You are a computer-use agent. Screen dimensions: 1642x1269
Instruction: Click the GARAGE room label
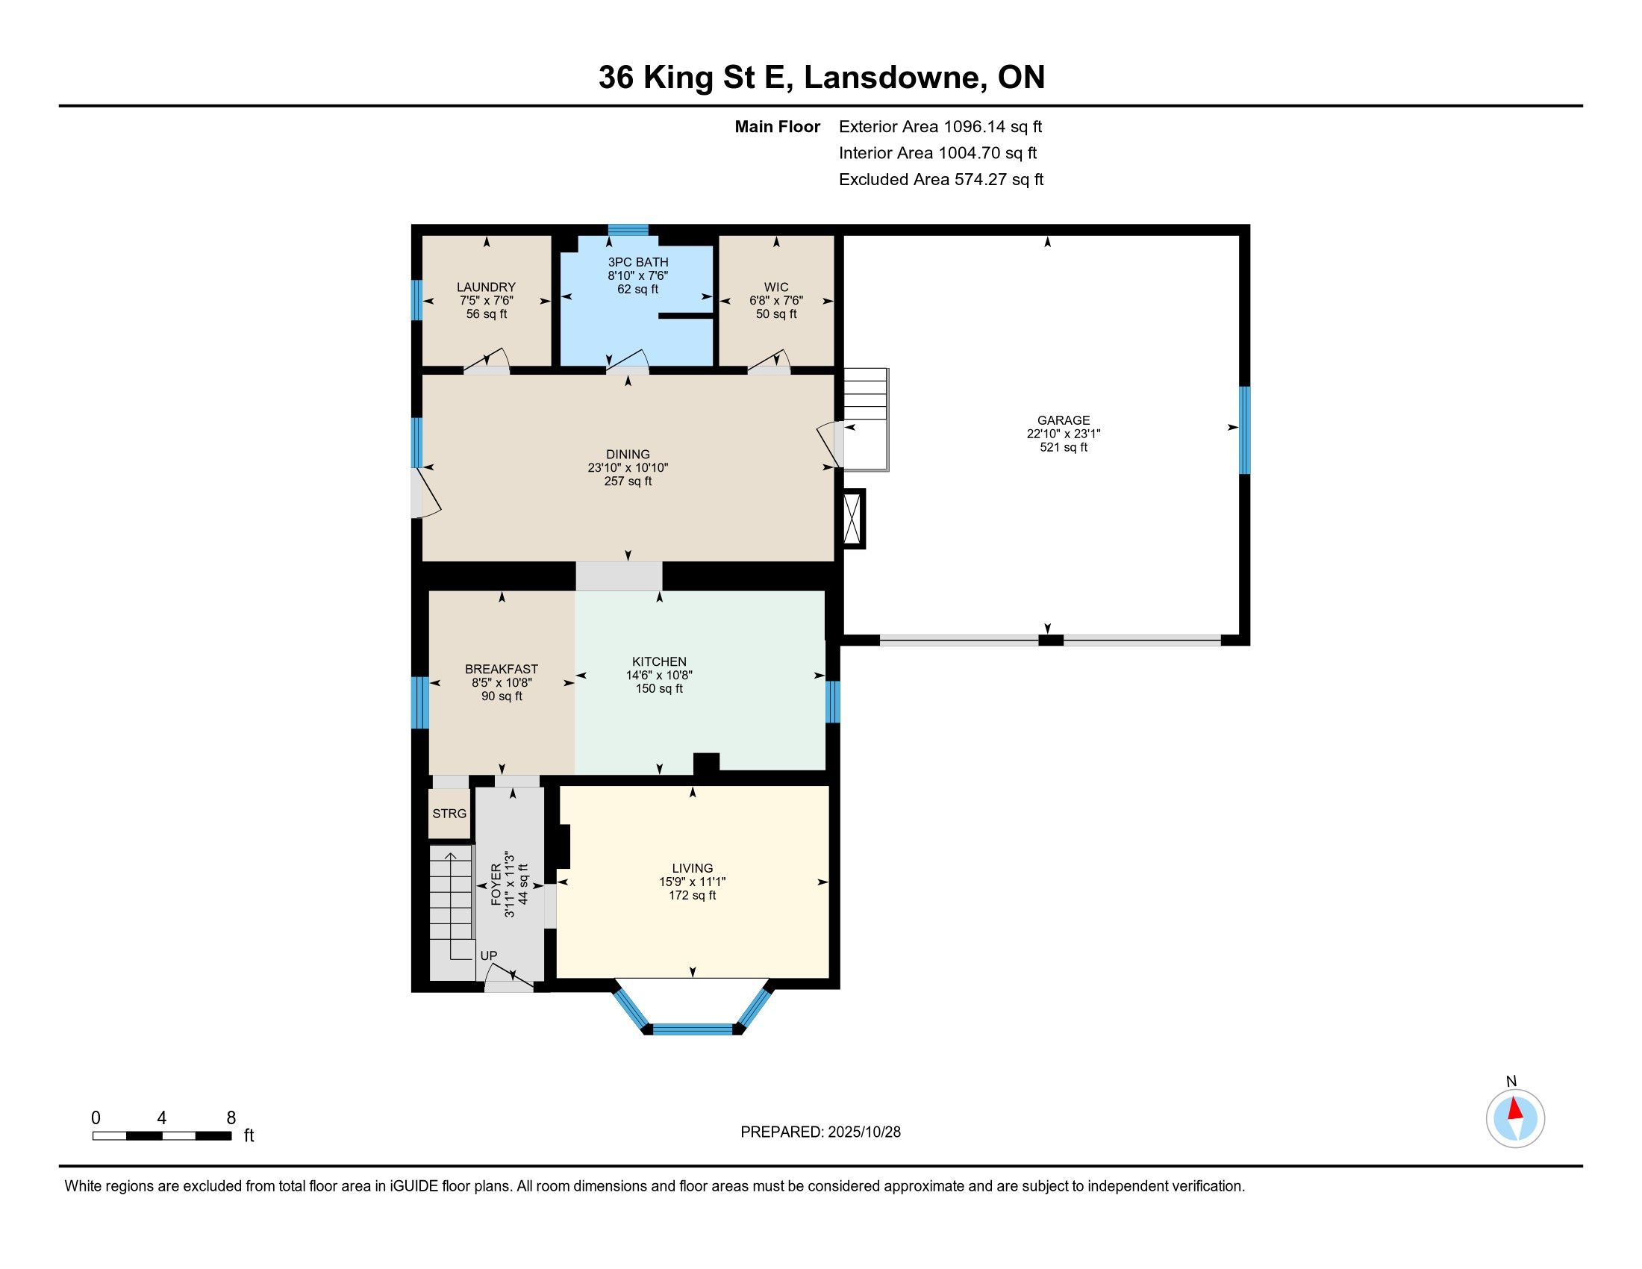[1063, 420]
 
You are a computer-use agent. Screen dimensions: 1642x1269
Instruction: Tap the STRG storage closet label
[449, 814]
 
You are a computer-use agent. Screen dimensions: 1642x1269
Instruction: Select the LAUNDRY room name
[487, 287]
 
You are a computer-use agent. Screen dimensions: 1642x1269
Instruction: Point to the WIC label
[777, 287]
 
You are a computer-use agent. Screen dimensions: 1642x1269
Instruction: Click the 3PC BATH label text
[638, 262]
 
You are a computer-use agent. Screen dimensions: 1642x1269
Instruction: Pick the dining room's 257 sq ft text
[628, 481]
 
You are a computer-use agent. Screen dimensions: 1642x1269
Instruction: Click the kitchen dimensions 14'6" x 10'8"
[659, 675]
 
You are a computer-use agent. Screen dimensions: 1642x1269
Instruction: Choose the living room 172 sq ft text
[693, 895]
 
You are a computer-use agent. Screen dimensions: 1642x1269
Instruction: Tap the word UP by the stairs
[489, 955]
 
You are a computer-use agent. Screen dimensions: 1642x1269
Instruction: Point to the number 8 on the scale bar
[231, 1117]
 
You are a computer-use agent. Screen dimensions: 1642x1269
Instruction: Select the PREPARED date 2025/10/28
[864, 1132]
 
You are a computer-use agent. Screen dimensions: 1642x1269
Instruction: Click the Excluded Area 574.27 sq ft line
[941, 180]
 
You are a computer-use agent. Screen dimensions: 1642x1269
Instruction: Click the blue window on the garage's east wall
[1244, 430]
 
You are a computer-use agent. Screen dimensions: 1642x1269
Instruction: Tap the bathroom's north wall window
[628, 230]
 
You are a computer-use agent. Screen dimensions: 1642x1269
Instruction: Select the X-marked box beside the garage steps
[854, 518]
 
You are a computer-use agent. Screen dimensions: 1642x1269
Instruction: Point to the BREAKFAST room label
[502, 669]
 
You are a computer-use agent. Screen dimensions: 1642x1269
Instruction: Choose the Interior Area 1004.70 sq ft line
[937, 153]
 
